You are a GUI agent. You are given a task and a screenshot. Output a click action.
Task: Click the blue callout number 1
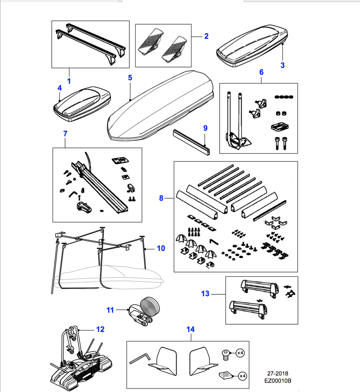69,82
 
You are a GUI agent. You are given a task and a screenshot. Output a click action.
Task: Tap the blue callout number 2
206,36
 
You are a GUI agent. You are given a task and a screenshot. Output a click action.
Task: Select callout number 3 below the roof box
282,65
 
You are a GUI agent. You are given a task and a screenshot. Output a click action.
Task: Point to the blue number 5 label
130,78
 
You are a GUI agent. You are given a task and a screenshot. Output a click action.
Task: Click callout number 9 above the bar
205,128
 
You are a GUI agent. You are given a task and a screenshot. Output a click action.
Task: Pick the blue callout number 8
161,199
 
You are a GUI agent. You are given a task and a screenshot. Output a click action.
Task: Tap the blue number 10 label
161,248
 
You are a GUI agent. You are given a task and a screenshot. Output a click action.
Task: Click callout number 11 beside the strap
110,310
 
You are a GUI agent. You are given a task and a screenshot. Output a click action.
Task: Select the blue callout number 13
205,294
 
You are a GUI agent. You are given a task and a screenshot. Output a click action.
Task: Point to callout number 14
190,329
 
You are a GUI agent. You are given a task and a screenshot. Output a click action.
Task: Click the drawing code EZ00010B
278,380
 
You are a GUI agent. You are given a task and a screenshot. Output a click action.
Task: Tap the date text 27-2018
278,374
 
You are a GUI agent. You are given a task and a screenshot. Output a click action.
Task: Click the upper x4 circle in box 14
241,353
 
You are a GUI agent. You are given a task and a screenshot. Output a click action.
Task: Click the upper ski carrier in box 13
260,288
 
